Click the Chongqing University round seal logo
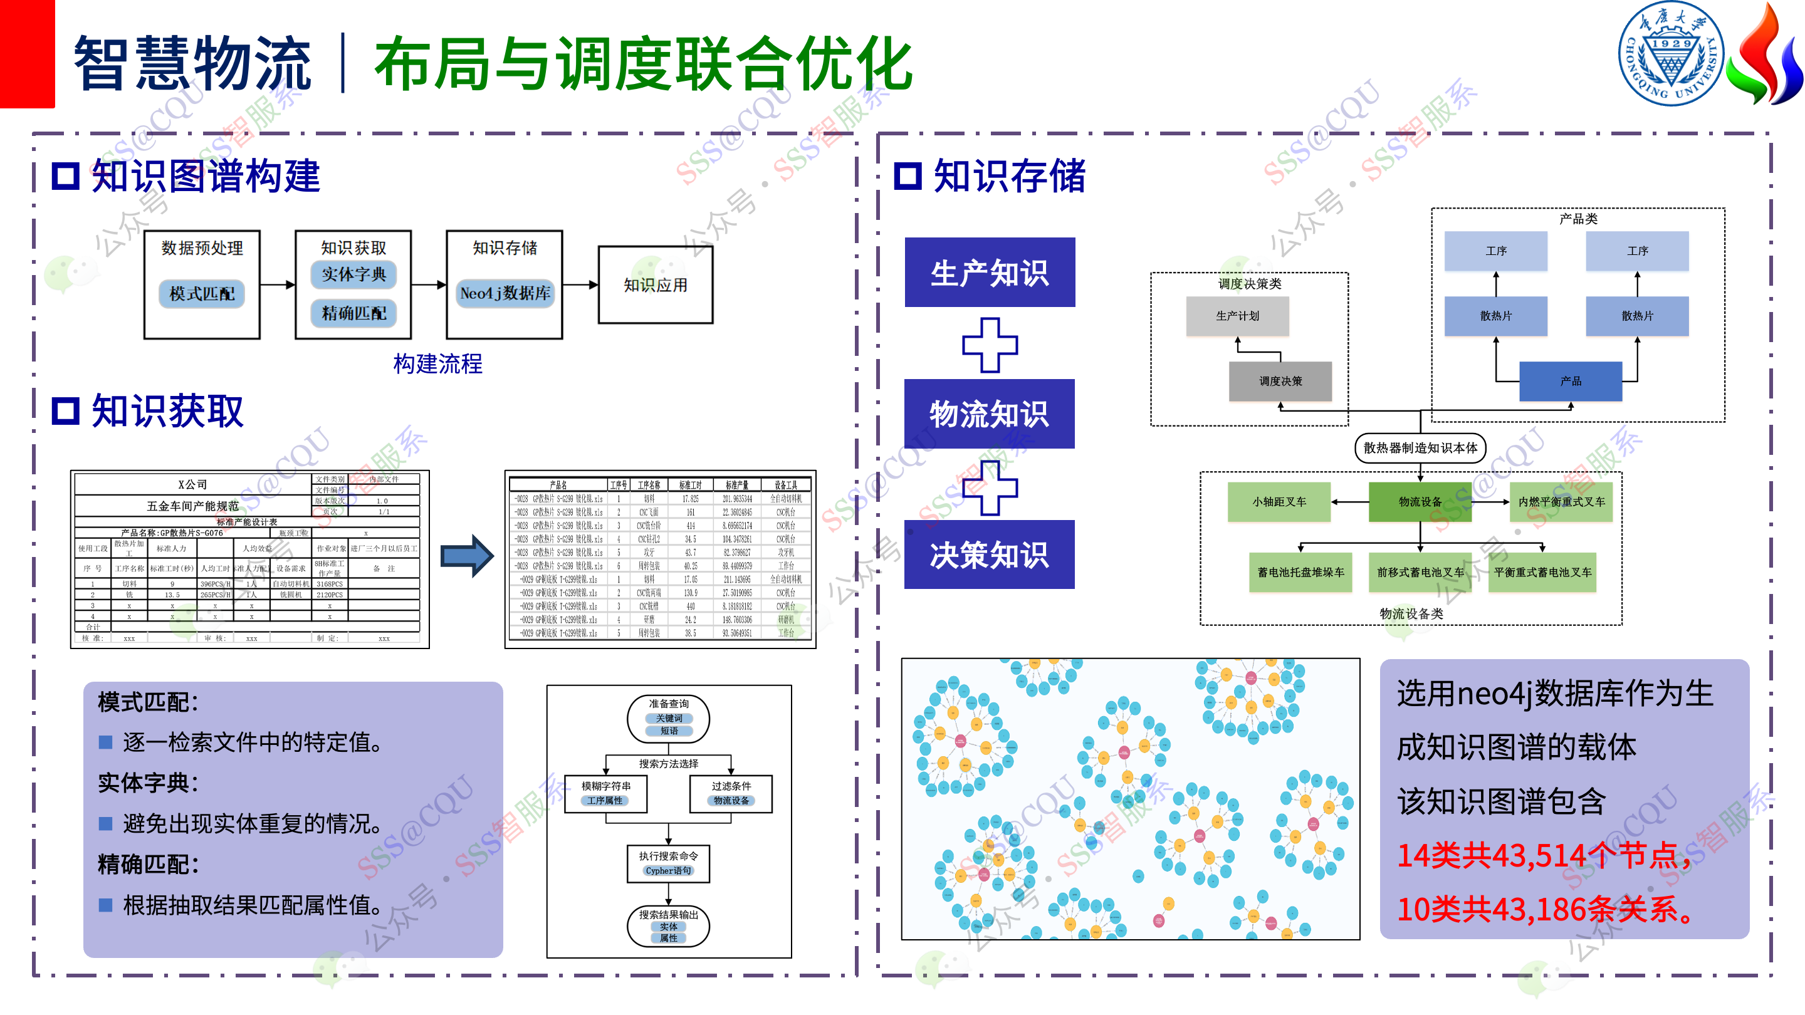1670,54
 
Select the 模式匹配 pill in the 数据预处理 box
202,293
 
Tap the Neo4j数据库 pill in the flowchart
505,293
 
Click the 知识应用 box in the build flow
655,284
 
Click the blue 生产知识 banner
990,273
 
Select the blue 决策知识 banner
989,554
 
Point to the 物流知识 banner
989,414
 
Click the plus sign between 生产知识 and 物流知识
990,345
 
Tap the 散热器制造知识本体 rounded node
1420,447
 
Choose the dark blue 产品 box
1570,381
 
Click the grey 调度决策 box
1280,381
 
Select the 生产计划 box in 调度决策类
1237,316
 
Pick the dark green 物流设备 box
1420,501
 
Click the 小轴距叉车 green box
1279,501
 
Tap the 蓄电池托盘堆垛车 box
1300,572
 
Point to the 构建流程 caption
437,363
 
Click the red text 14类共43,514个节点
1542,855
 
